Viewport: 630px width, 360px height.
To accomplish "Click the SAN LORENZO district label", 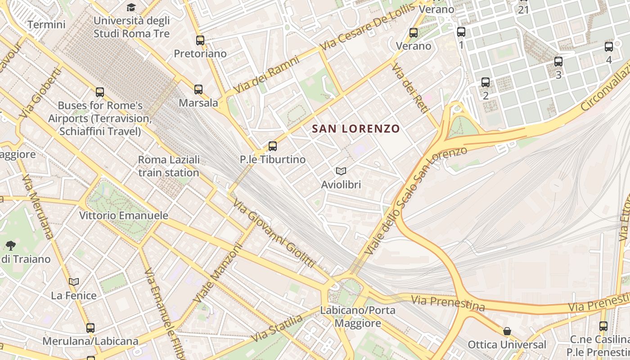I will pos(356,129).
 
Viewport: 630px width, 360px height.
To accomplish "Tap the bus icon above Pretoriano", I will pos(200,40).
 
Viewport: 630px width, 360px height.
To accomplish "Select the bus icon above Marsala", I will pos(198,89).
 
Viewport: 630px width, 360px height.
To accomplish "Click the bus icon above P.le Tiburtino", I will pos(273,146).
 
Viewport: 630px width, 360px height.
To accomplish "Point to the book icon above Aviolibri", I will pos(341,171).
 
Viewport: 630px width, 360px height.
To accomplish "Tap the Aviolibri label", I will pos(341,184).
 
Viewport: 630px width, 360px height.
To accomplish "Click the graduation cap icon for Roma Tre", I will pos(131,7).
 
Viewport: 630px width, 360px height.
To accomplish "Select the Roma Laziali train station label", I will pos(169,166).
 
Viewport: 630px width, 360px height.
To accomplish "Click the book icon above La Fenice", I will pos(74,282).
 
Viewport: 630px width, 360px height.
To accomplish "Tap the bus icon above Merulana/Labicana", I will pos(90,328).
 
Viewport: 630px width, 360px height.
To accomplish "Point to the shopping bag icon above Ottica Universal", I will pos(507,331).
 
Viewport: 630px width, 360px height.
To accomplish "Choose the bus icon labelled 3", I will pos(558,62).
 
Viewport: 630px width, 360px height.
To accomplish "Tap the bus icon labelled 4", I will pos(609,46).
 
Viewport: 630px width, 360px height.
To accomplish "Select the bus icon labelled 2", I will pos(486,82).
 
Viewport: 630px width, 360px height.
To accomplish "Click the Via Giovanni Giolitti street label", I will pos(274,233).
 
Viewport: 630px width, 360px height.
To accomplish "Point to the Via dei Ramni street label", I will pos(267,75).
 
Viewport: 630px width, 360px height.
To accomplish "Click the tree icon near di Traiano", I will pos(11,246).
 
